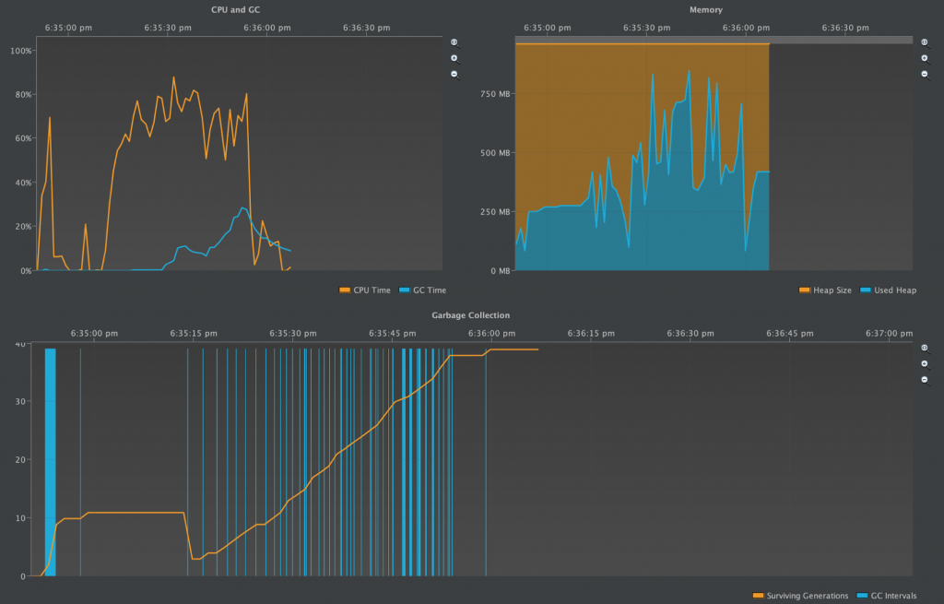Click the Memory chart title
(x=706, y=9)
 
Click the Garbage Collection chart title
(x=471, y=315)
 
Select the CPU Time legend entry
(x=366, y=290)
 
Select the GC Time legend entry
(x=423, y=290)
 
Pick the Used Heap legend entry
(x=889, y=290)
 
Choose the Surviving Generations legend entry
(x=800, y=596)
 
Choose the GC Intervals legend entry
(x=887, y=596)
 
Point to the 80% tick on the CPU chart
(x=21, y=94)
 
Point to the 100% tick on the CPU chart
(x=19, y=50)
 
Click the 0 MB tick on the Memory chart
(x=498, y=271)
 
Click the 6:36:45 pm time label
(x=788, y=333)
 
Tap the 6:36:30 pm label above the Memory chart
(x=844, y=28)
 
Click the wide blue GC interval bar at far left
(x=50, y=461)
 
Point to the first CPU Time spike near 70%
(x=50, y=118)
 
